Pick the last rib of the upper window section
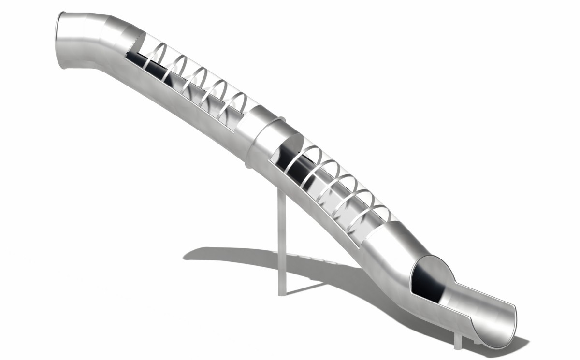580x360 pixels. [237, 104]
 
